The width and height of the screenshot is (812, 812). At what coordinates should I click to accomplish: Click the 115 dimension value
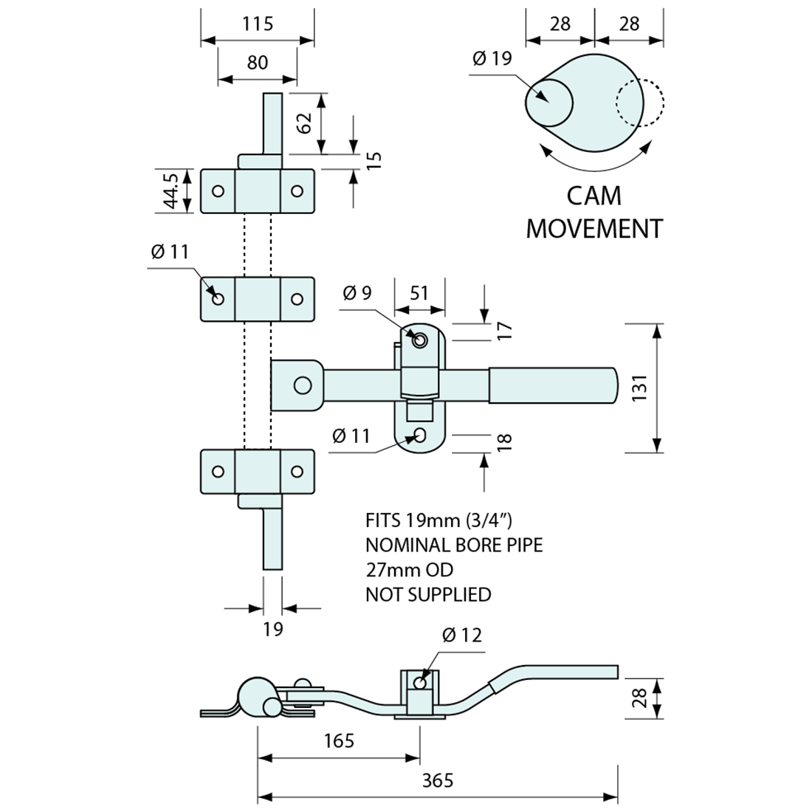(x=258, y=24)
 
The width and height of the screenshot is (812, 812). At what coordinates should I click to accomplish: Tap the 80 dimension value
(x=258, y=62)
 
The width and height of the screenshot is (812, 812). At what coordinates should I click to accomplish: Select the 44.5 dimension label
(x=171, y=191)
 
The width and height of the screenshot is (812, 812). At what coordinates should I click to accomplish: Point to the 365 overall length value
(x=438, y=780)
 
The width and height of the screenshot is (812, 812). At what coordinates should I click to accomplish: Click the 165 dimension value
(x=339, y=740)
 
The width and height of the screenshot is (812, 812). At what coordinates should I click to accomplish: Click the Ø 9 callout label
(x=357, y=293)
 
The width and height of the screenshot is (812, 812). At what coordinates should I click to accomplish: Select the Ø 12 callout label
(x=462, y=635)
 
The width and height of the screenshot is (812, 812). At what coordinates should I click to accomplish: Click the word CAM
(x=593, y=196)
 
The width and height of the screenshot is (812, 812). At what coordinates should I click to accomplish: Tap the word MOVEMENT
(x=594, y=229)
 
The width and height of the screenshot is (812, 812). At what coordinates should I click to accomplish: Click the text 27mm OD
(x=409, y=570)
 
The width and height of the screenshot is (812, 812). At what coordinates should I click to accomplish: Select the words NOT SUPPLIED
(x=428, y=594)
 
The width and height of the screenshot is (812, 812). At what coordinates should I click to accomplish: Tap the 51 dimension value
(x=419, y=293)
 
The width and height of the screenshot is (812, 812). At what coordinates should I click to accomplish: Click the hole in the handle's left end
(x=301, y=385)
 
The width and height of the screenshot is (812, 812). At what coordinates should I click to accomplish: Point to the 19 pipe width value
(x=272, y=629)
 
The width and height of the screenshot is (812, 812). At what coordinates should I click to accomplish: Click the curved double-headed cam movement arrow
(x=596, y=158)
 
